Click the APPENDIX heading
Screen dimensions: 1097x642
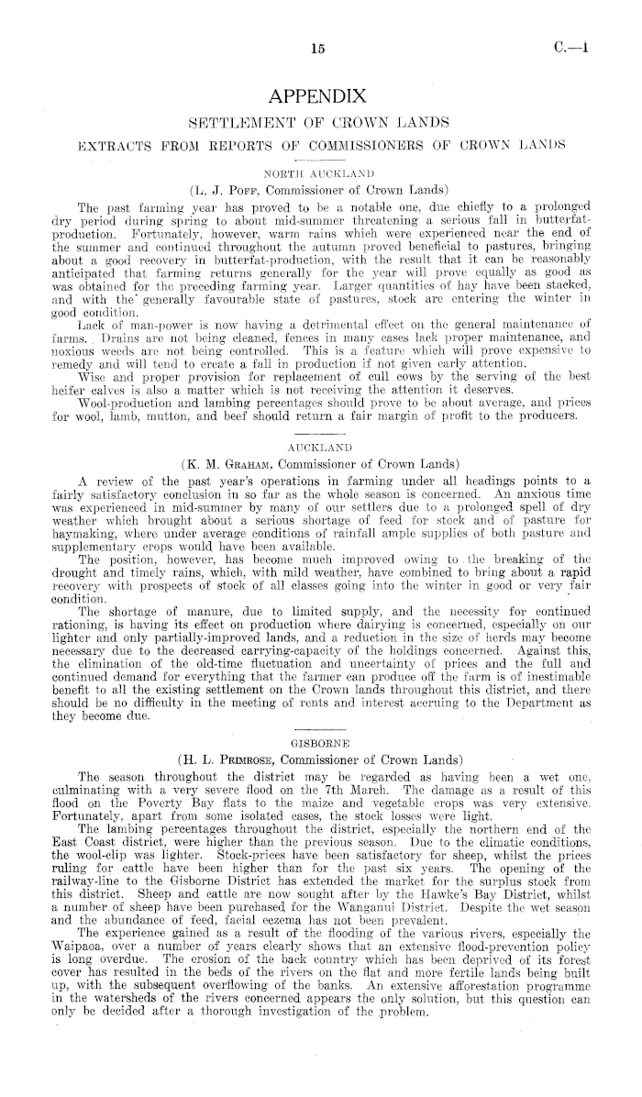[x=319, y=96]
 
